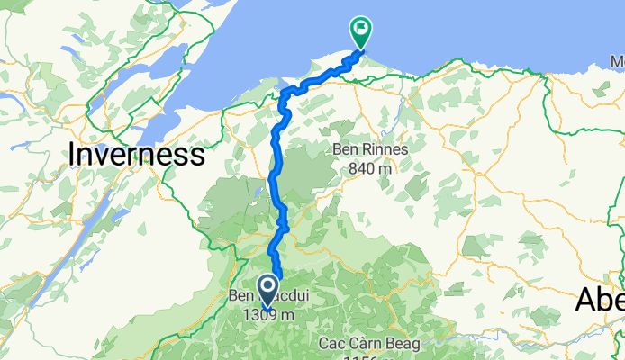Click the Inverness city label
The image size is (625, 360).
point(136,155)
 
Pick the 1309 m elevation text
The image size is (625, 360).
point(262,315)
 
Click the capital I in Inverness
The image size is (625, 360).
point(72,155)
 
